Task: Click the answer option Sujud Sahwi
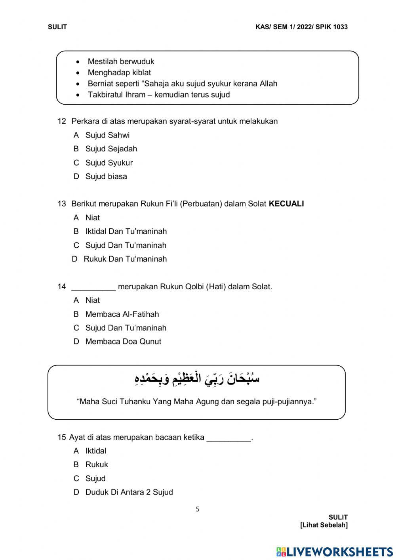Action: coord(107,135)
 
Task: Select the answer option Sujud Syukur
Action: coord(109,163)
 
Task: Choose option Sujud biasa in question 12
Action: coord(106,176)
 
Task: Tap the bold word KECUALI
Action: coord(286,204)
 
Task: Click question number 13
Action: coord(61,204)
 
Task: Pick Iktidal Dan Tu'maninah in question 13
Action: coord(126,231)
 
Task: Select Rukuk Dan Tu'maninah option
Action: coord(125,259)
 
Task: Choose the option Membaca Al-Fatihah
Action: coord(122,314)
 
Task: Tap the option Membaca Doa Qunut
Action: coord(123,342)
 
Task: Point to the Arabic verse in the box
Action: coord(197,379)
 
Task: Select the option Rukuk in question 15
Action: coord(96,464)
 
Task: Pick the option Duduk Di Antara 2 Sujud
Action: coord(129,492)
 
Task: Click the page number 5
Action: coord(198,509)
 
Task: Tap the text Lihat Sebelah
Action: coord(324,525)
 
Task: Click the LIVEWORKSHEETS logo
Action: coord(335,552)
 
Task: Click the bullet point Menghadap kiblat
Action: coord(119,73)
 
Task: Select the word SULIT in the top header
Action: coord(57,27)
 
